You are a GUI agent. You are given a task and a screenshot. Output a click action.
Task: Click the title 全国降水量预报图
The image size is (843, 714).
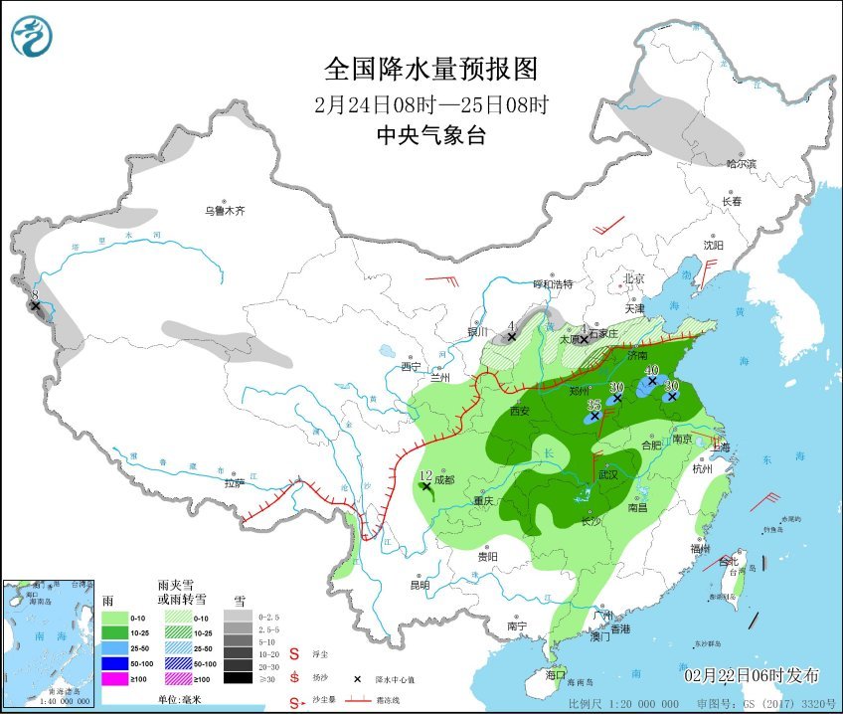[x=430, y=69]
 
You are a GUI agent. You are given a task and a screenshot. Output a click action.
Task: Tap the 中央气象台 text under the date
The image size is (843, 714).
[x=430, y=136]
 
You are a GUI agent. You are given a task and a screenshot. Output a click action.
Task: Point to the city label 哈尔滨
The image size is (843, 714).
[x=741, y=163]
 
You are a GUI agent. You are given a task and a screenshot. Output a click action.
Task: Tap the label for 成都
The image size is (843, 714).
[x=443, y=479]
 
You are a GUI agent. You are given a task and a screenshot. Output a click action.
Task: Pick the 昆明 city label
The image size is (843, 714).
[x=420, y=585]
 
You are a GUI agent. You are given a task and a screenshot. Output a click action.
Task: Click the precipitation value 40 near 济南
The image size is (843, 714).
[x=651, y=370]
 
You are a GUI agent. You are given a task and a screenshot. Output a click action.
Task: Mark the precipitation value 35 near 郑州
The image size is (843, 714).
[x=593, y=406]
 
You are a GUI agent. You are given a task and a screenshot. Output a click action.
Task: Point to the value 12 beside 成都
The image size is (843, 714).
[x=425, y=476]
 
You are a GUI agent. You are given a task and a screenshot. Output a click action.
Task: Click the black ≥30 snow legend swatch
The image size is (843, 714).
[x=237, y=678]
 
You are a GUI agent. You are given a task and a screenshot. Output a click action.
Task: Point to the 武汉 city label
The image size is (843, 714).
[x=608, y=475]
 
